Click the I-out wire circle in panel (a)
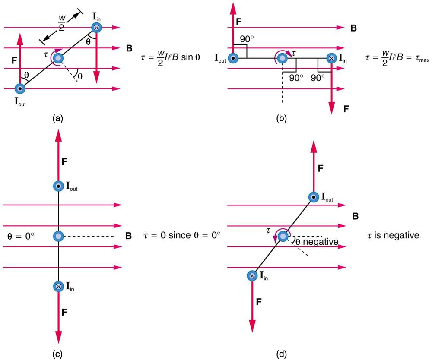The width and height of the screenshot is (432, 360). pos(20,89)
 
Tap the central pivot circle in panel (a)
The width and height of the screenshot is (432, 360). pos(58,58)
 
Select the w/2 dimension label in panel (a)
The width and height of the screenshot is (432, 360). pos(61,23)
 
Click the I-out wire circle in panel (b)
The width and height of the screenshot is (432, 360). pos(233,58)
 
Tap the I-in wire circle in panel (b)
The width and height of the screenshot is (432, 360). pos(331,58)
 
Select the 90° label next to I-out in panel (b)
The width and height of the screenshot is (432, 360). pos(247,39)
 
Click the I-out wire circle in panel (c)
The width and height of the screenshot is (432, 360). pos(58,186)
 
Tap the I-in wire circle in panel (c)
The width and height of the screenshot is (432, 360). pos(58,286)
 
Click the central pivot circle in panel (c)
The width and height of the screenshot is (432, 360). pos(58,236)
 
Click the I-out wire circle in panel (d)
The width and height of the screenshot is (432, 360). pos(314,197)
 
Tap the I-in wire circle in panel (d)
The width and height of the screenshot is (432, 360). pos(252,275)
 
